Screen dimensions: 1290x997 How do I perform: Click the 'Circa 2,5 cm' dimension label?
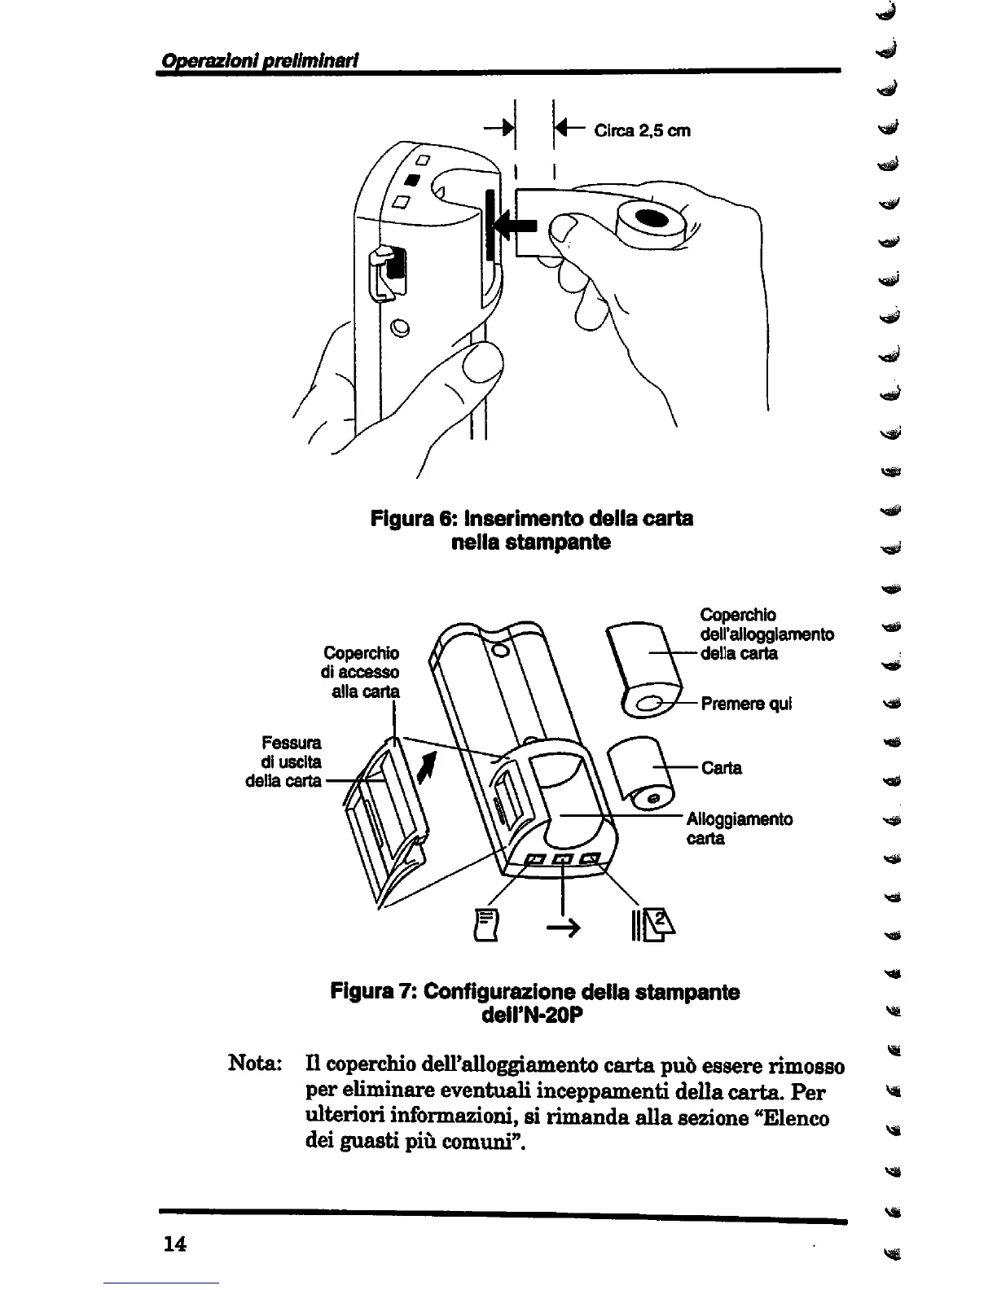pyautogui.click(x=642, y=130)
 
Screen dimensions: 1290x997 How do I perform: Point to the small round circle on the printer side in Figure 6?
pyautogui.click(x=399, y=328)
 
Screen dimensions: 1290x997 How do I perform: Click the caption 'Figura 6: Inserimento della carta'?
pyautogui.click(x=531, y=518)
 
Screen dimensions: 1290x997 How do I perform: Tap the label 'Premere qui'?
pyautogui.click(x=745, y=704)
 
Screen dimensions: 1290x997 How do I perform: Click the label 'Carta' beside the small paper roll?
pyautogui.click(x=721, y=768)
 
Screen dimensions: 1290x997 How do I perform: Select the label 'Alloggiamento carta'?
pyautogui.click(x=738, y=828)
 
